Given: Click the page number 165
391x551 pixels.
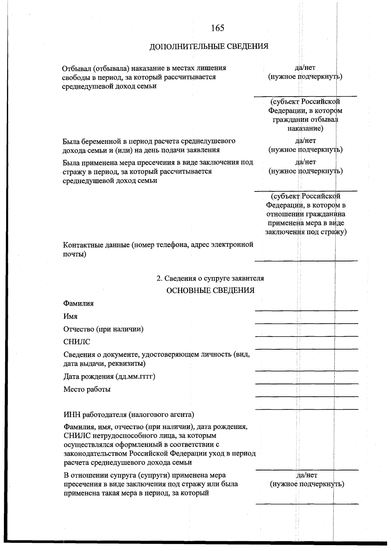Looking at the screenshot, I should click(x=218, y=28).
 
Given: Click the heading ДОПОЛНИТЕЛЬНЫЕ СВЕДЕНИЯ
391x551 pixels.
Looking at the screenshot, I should click(x=209, y=47).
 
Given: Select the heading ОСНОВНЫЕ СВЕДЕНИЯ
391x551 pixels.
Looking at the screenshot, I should click(x=210, y=291).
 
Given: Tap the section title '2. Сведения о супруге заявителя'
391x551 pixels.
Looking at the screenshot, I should click(x=210, y=278).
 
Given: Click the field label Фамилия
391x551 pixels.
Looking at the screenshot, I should click(x=79, y=304).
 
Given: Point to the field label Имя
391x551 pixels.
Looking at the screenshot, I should click(x=70, y=316).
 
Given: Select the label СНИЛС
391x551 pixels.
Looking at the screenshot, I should click(x=77, y=342).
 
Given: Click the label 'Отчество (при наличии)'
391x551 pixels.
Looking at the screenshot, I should click(x=103, y=329).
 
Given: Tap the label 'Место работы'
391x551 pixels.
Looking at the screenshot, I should click(x=87, y=390).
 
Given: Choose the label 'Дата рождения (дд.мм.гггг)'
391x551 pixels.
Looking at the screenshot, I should click(x=109, y=377).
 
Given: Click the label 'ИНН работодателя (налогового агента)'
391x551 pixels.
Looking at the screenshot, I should click(x=129, y=415).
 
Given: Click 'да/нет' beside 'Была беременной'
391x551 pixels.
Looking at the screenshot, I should click(x=305, y=141).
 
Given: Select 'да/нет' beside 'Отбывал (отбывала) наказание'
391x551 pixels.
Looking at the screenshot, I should click(x=305, y=68).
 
